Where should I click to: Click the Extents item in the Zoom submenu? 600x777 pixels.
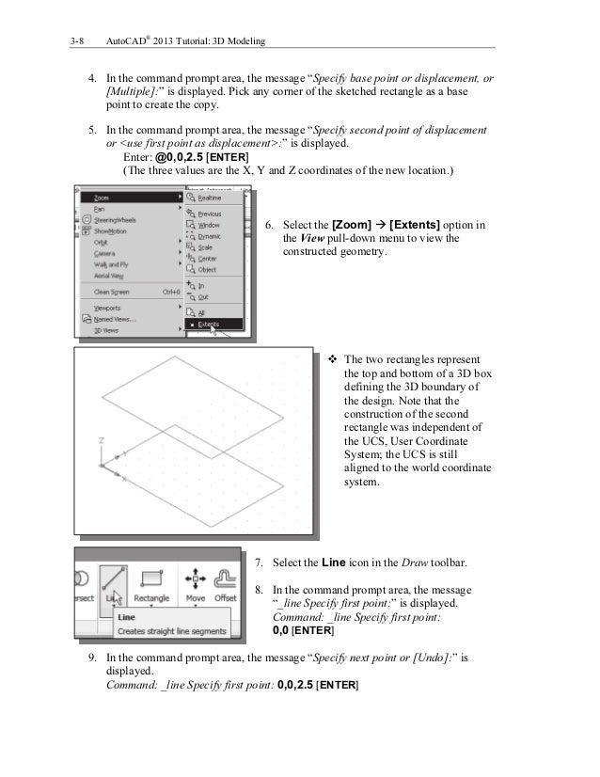pos(208,325)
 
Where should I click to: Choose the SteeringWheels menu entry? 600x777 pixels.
pos(118,220)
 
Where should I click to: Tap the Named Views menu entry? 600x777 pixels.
pos(114,319)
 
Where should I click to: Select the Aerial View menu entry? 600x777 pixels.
pos(110,275)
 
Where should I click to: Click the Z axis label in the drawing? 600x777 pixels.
pos(101,439)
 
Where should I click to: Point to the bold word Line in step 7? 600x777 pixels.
pos(335,563)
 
